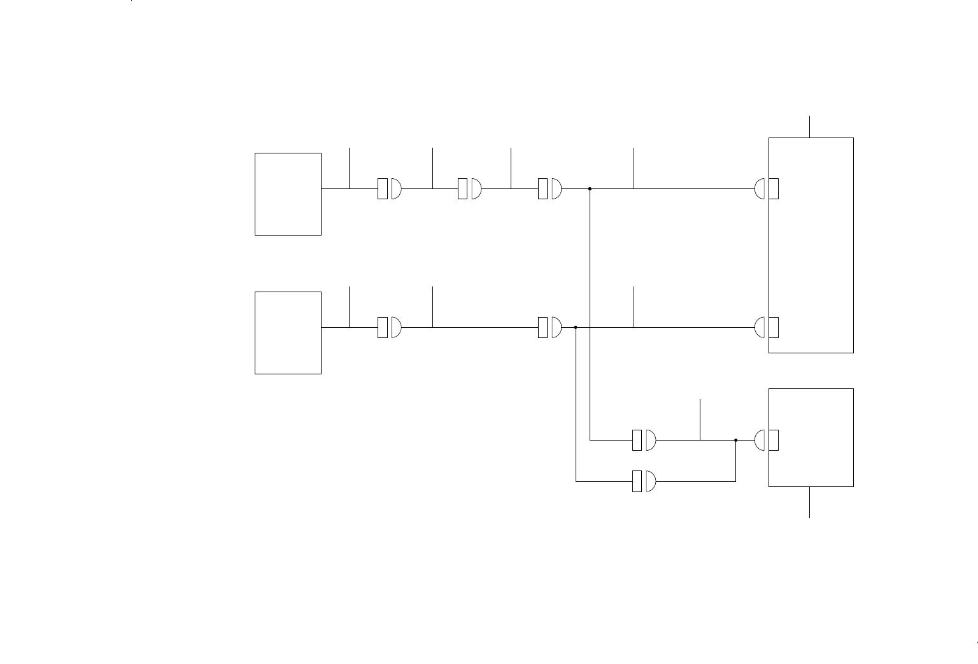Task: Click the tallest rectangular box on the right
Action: [x=811, y=245]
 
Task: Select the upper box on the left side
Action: [x=288, y=194]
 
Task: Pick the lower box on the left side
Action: [x=288, y=332]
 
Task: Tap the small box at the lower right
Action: [x=811, y=437]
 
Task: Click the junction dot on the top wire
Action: [x=590, y=188]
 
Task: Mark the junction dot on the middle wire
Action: [x=576, y=327]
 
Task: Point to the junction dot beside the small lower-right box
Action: [x=735, y=440]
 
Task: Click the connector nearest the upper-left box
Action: [x=389, y=188]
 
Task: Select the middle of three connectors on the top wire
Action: [x=469, y=188]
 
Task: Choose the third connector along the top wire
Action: [x=549, y=188]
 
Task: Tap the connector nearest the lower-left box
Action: [x=389, y=327]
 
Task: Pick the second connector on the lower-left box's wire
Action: [x=549, y=327]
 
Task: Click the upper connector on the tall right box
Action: [x=767, y=188]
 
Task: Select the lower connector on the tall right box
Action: [x=767, y=327]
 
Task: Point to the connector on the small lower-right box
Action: [x=767, y=440]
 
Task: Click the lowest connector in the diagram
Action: [x=644, y=481]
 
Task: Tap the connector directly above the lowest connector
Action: [x=644, y=440]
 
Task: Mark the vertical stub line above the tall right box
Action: [x=809, y=127]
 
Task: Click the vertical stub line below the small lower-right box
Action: [x=809, y=502]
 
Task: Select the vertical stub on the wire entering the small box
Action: [x=700, y=420]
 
